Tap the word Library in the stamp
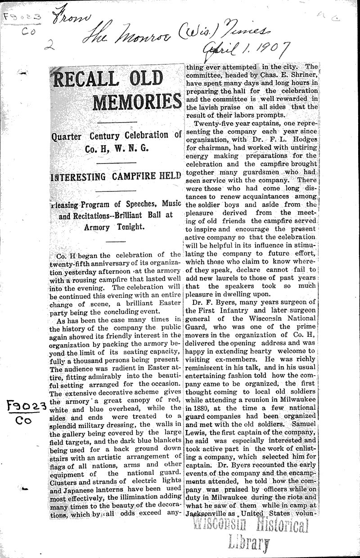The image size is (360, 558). coord(249,544)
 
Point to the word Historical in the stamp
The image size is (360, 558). coord(277,526)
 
